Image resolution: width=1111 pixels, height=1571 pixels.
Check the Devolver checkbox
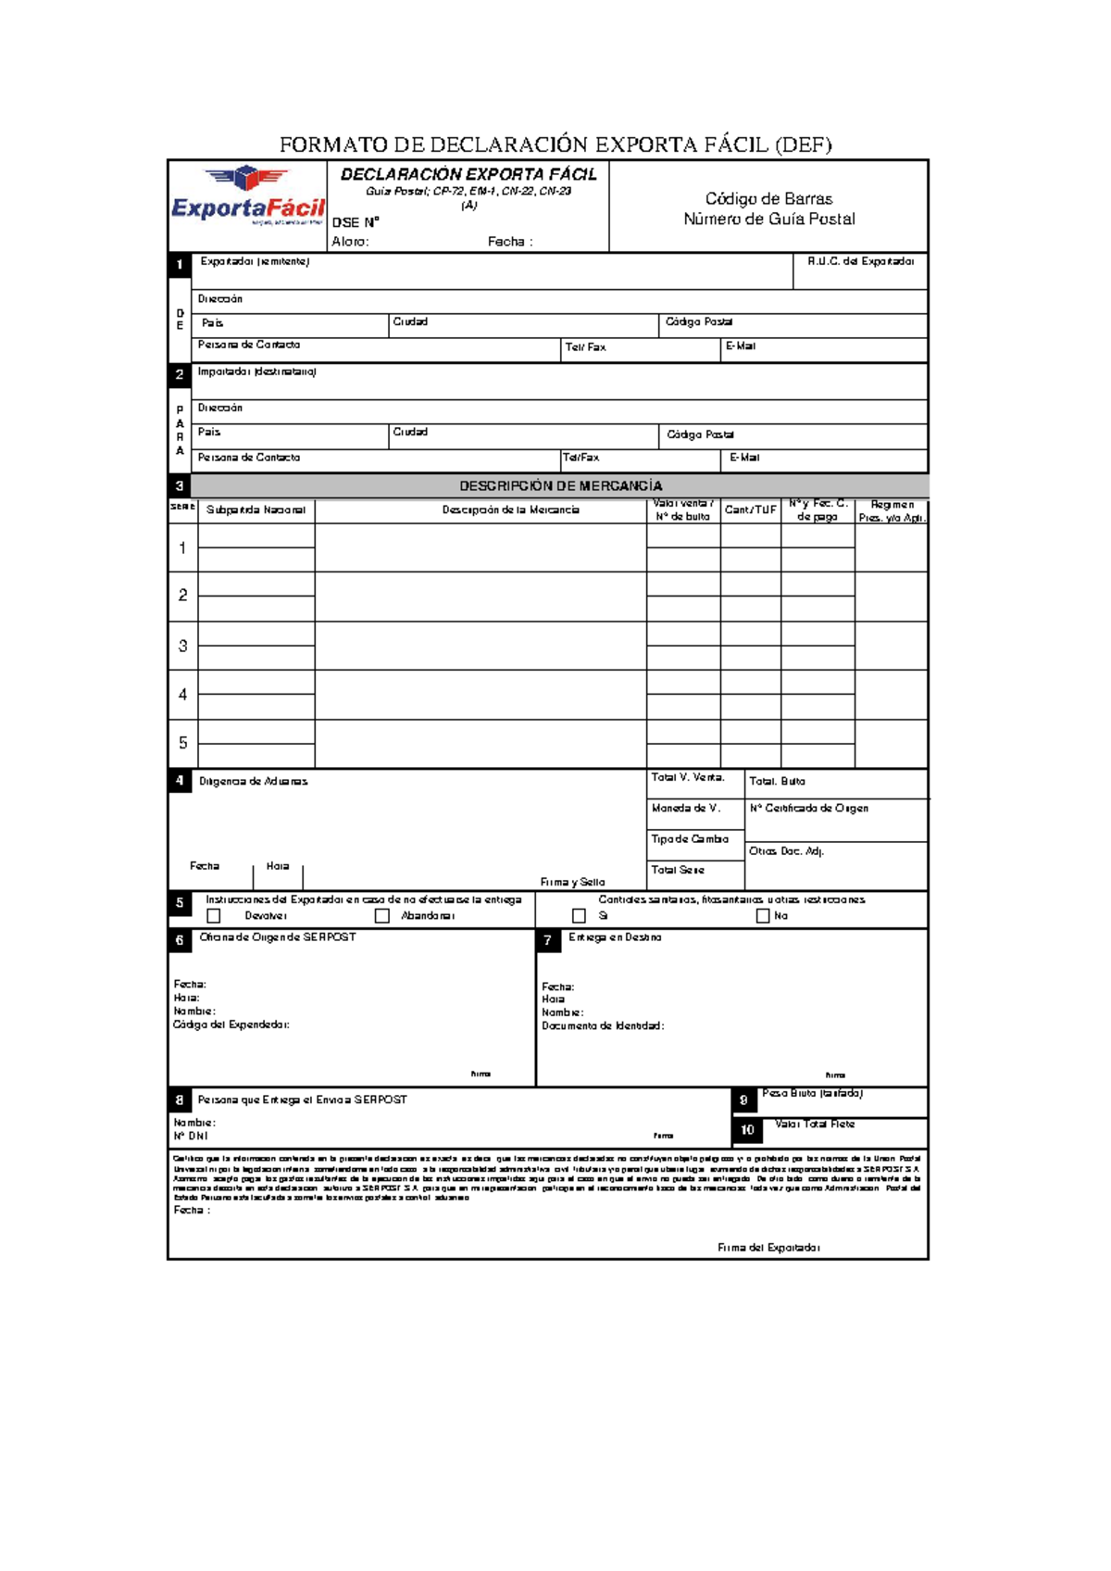[214, 915]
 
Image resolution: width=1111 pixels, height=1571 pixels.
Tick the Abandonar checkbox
[381, 915]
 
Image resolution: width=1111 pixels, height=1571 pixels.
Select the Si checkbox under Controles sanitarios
[579, 915]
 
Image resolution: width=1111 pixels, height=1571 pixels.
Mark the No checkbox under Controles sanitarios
[763, 915]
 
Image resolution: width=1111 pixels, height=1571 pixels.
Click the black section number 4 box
[180, 781]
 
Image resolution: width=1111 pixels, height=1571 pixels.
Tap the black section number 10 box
[747, 1130]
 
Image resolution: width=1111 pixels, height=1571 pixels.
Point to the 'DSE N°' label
[356, 222]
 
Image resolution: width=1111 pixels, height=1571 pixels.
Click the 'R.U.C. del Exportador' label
[860, 261]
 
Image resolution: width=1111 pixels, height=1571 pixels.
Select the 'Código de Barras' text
[768, 199]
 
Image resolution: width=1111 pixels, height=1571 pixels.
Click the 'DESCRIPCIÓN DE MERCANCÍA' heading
[561, 486]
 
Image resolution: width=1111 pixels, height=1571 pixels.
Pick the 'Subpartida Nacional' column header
[256, 510]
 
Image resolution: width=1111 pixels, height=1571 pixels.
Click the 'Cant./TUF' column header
[750, 510]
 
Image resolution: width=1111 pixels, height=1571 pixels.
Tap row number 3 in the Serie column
[182, 646]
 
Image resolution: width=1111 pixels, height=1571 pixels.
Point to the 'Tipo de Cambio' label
[690, 839]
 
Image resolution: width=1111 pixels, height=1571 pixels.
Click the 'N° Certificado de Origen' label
[809, 809]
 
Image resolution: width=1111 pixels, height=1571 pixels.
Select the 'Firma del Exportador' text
[768, 1248]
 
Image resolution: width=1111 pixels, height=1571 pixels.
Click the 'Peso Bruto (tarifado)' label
[812, 1093]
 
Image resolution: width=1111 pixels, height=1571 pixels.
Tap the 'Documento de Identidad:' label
[603, 1025]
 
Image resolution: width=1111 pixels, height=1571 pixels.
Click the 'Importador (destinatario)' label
[256, 371]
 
